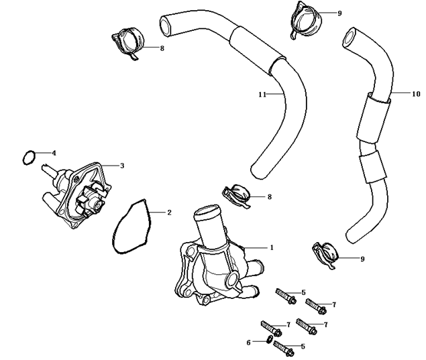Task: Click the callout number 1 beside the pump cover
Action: coord(272,247)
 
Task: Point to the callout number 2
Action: coord(169,213)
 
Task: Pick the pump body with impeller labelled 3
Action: coord(77,191)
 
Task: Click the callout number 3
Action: coord(121,165)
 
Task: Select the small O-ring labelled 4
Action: coord(28,158)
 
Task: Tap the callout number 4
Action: coord(54,153)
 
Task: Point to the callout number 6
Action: coord(248,342)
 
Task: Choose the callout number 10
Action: coord(416,95)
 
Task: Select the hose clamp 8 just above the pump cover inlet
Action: coord(235,195)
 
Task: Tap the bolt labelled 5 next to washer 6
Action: coord(284,348)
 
